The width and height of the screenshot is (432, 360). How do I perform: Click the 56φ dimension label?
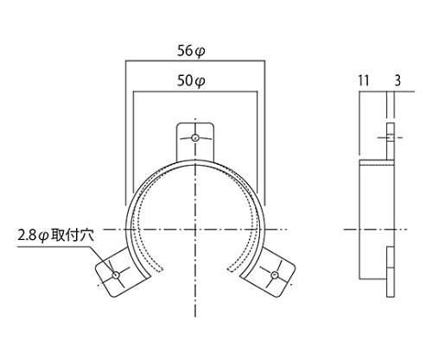pos(191,51)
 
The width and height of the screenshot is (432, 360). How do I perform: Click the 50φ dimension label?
pos(191,81)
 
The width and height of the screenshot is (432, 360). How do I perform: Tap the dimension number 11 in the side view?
pos(364,80)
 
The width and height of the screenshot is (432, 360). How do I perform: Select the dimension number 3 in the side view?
pos(397,80)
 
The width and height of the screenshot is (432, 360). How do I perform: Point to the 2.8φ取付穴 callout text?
pos(56,236)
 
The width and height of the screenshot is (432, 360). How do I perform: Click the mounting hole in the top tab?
pos(195,137)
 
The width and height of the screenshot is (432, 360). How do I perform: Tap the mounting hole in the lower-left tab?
pos(116,275)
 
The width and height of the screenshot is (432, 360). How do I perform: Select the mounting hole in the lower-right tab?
pos(275,275)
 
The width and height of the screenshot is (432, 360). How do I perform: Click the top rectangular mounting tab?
pos(195,141)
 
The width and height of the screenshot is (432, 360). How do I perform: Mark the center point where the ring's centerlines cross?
pos(195,230)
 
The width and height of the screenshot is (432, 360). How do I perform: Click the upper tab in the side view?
pos(391,142)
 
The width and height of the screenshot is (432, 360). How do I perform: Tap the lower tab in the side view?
pos(391,272)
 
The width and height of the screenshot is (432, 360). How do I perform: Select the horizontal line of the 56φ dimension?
pos(195,60)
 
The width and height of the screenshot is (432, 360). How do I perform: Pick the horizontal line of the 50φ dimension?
pos(195,92)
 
